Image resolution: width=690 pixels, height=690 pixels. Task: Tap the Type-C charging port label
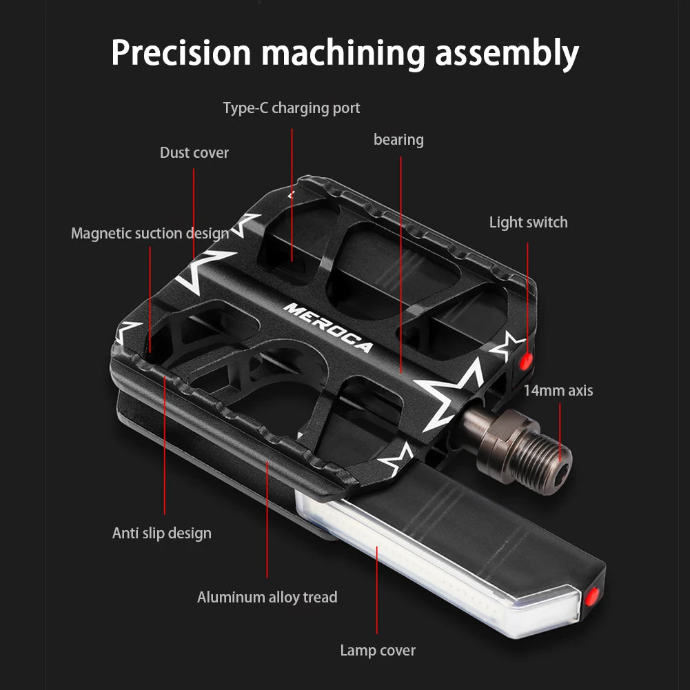point(291,108)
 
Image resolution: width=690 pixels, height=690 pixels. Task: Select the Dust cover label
point(194,152)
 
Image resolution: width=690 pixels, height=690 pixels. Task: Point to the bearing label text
point(398,140)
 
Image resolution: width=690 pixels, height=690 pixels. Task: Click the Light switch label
point(528,222)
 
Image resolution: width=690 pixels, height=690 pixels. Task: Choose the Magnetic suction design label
point(150,233)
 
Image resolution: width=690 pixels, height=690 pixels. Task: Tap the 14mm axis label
point(558,390)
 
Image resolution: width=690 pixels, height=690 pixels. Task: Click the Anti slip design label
point(162,533)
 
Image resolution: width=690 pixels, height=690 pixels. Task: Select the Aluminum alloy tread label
point(267,597)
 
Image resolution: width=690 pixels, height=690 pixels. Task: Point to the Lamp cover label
point(378,650)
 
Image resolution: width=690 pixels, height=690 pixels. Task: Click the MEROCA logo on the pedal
point(327,327)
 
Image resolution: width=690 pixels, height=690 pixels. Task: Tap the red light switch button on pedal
point(525,361)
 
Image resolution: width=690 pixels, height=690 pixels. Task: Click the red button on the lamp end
point(591,597)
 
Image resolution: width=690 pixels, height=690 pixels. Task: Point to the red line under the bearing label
point(400,262)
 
